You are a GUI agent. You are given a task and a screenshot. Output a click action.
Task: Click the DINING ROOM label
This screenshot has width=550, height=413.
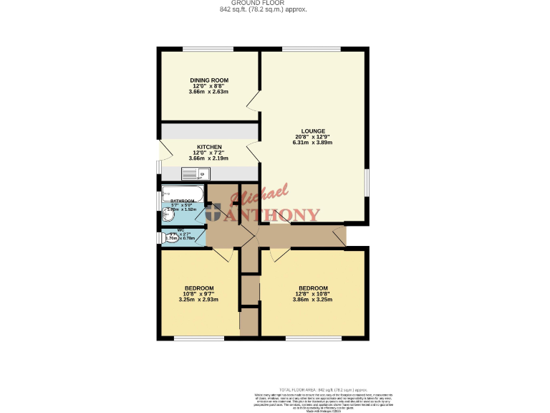click(x=209, y=80)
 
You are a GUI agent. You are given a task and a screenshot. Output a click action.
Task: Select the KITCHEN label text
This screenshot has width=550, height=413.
click(x=209, y=147)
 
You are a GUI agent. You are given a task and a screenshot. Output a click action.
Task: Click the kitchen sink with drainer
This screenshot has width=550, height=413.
click(x=194, y=173)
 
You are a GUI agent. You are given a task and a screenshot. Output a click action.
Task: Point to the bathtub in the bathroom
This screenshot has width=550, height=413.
click(x=183, y=193)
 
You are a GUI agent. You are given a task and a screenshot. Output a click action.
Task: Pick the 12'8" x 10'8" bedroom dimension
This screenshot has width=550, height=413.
click(x=312, y=294)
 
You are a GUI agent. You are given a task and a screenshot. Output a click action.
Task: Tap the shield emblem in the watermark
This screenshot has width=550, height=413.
click(x=214, y=213)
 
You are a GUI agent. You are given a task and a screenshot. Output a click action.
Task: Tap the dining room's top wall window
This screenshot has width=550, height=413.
click(x=208, y=49)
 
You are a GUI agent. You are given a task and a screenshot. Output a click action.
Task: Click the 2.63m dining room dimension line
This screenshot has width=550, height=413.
click(x=209, y=92)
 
